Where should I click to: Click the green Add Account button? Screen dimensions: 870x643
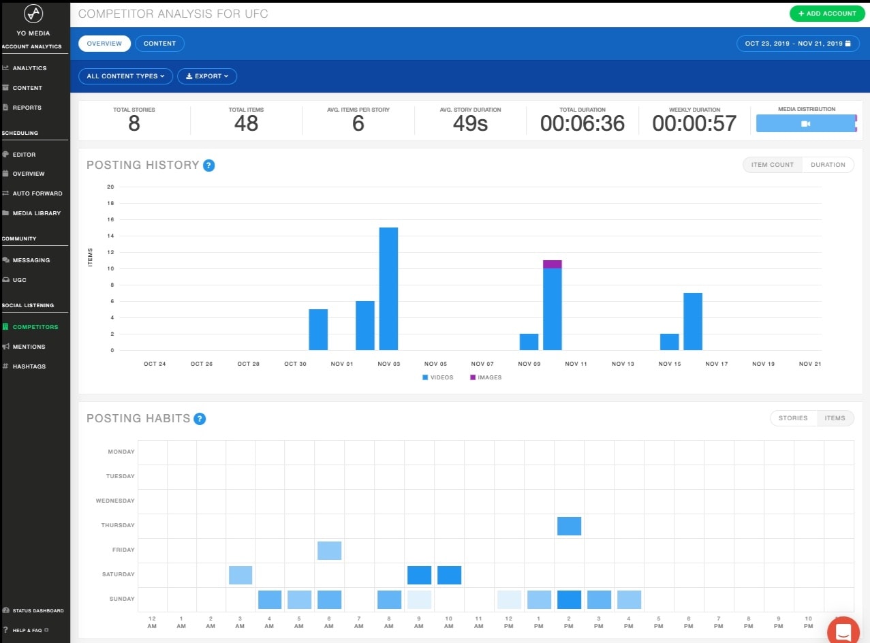coord(827,14)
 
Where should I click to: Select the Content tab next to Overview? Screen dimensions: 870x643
coord(159,44)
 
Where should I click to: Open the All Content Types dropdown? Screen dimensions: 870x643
coord(125,76)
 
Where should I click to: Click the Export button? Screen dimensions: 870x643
coord(206,76)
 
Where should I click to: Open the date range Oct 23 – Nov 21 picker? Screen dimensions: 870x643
coord(797,44)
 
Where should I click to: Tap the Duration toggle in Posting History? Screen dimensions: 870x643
coord(828,165)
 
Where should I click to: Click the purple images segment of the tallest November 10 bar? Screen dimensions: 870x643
coord(553,264)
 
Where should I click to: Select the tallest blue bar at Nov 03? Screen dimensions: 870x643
coord(388,289)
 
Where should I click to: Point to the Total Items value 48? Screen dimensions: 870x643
coord(247,123)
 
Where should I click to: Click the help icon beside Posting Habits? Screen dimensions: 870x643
coord(200,419)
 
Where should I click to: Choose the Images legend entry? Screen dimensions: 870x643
coord(486,377)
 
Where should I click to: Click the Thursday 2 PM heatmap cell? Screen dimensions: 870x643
coord(569,526)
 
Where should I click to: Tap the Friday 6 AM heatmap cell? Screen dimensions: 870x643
coord(329,550)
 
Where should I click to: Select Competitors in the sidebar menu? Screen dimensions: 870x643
coord(35,327)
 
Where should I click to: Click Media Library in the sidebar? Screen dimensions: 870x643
coord(37,213)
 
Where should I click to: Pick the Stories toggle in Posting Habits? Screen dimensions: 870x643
coord(793,418)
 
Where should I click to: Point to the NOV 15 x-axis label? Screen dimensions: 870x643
coord(670,364)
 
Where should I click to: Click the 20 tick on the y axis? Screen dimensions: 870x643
coord(110,187)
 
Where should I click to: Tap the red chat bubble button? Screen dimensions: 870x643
coord(843,631)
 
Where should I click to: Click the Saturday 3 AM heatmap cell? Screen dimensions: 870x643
coord(240,575)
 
